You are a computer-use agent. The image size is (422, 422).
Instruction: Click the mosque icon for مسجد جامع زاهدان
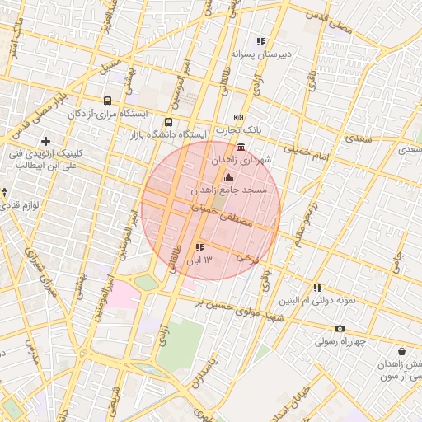tap(228, 178)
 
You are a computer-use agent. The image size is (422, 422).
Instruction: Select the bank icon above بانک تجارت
tap(239, 118)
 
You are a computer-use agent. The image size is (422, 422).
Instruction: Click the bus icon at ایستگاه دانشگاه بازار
tap(169, 123)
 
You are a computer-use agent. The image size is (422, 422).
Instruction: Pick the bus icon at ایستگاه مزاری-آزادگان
tap(107, 101)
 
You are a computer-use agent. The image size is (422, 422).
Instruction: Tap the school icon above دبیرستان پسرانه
tap(260, 41)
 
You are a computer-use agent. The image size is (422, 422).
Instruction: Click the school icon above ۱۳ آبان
tap(199, 248)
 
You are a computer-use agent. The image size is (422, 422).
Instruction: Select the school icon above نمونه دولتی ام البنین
tap(316, 288)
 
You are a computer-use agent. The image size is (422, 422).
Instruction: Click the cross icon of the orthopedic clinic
tap(45, 142)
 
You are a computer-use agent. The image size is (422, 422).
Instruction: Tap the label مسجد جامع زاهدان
tap(229, 190)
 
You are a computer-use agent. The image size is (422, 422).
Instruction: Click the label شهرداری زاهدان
tap(241, 159)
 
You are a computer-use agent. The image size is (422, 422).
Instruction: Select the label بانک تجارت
tap(238, 130)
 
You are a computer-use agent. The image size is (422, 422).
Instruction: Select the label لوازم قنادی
tap(32, 204)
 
